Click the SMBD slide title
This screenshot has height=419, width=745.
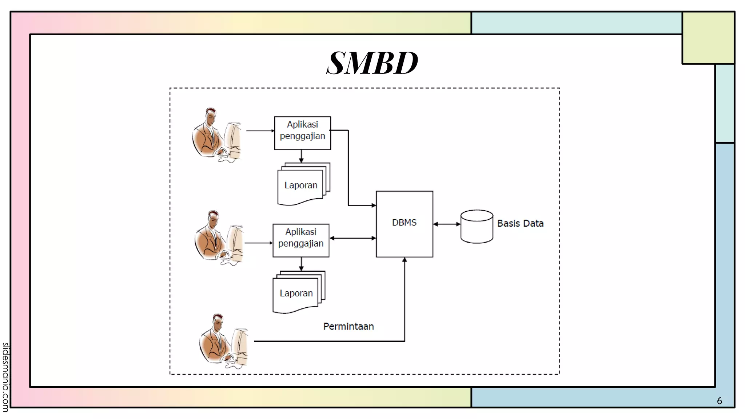[x=372, y=63]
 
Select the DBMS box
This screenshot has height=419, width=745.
[x=404, y=224]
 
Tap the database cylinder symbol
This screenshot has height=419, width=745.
[x=477, y=226]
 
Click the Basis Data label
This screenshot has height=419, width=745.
[x=520, y=223]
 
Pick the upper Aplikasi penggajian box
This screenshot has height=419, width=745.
[x=302, y=133]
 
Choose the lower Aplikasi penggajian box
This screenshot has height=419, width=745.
[x=301, y=240]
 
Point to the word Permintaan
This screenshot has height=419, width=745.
[x=348, y=326]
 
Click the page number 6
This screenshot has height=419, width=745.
[x=719, y=401]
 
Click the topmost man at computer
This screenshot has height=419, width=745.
[x=216, y=135]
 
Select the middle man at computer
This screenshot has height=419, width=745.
[x=218, y=238]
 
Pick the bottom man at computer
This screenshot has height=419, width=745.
[x=223, y=341]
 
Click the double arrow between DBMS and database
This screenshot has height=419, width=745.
[x=447, y=224]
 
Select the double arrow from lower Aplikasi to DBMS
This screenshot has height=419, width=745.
[x=352, y=238]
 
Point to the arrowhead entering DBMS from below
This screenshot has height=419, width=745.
[x=405, y=260]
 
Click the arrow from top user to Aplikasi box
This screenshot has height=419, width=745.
[x=260, y=131]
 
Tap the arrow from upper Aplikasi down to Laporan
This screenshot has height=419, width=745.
[x=301, y=156]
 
